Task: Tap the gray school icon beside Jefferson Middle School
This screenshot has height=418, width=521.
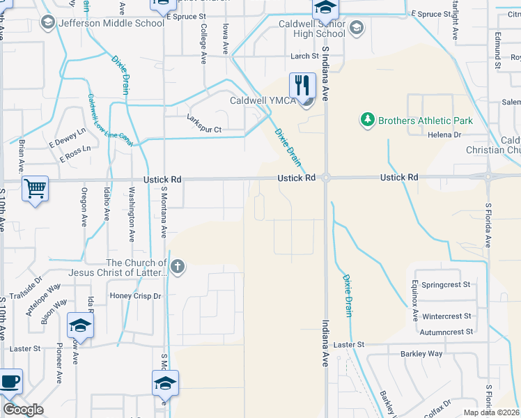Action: click(48, 22)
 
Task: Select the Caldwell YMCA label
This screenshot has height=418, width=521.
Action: click(262, 100)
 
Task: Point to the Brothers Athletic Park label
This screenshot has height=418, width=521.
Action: click(425, 121)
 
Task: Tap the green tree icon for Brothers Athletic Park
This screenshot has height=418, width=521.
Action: click(367, 121)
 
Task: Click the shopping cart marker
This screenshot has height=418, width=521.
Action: click(35, 188)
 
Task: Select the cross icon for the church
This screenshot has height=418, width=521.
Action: click(178, 266)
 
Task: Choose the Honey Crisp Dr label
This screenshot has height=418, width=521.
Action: click(136, 296)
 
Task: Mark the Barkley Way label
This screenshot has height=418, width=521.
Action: click(421, 353)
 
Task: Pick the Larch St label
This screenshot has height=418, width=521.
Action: click(305, 56)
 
